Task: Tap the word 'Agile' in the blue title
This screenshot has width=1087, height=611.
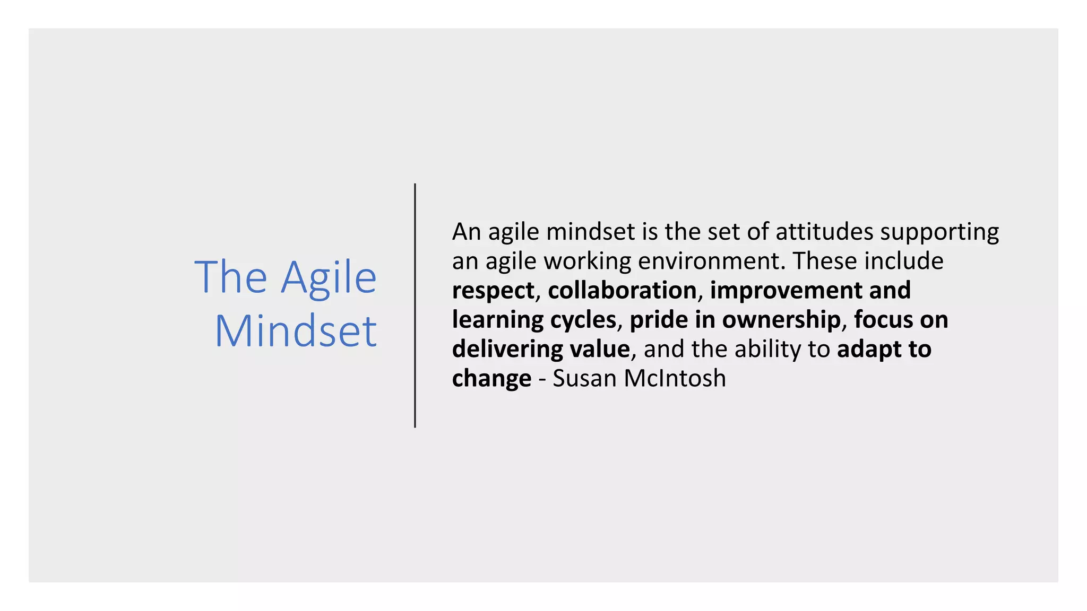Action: click(x=329, y=278)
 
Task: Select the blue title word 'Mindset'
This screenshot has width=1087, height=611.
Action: click(x=296, y=331)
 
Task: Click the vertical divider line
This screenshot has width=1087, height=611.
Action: click(x=415, y=305)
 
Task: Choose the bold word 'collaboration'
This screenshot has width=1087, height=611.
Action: click(x=622, y=291)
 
